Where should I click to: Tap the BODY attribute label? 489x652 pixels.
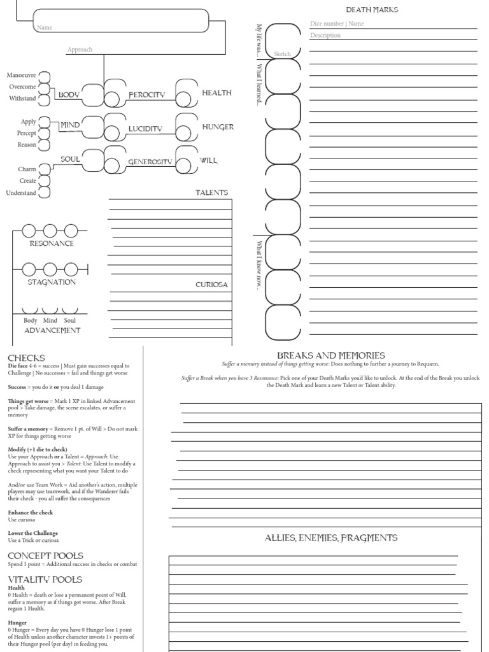click(68, 95)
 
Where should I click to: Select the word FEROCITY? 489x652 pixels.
click(146, 95)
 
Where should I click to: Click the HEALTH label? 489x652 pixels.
click(216, 93)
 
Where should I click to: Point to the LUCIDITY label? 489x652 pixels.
click(145, 129)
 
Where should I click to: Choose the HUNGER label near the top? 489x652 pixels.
click(218, 127)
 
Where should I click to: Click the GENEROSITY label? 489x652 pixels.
click(150, 162)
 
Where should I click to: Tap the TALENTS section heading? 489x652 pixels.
click(211, 192)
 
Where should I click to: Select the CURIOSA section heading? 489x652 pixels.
click(211, 285)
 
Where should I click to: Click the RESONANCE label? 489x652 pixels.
click(52, 243)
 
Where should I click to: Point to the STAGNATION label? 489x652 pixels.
click(52, 282)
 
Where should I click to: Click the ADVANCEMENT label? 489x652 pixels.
click(52, 330)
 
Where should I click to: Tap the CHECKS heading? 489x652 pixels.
click(26, 358)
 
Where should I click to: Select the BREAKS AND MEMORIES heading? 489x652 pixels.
click(330, 355)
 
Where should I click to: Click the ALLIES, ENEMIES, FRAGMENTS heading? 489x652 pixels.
click(330, 538)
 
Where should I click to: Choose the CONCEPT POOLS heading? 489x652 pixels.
click(45, 555)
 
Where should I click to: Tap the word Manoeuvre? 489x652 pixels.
click(22, 75)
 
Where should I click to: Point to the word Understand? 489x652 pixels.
click(21, 192)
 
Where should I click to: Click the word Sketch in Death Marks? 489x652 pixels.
click(281, 54)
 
